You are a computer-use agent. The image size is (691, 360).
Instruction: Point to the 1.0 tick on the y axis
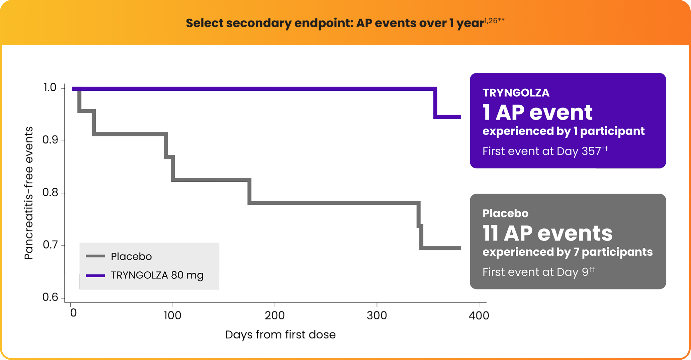pos(50,88)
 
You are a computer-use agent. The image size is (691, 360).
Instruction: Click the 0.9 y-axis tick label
pos(50,140)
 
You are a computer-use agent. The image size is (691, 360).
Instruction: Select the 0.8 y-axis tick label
pos(50,193)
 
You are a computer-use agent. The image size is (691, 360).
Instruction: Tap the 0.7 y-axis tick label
pos(50,245)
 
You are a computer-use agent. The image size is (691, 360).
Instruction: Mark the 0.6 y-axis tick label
pos(50,297)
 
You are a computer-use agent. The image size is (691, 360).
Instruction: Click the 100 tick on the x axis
pos(173,315)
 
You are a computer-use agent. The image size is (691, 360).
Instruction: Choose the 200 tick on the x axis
pos(275,315)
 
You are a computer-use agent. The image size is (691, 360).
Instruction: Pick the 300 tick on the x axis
pos(377,315)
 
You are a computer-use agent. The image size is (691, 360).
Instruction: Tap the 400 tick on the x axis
pos(478,315)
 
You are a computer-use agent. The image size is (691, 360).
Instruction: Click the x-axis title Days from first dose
pos(280,334)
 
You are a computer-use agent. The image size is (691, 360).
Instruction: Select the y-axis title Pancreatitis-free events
pos(29,193)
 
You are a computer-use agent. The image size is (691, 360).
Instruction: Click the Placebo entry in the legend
pos(131,256)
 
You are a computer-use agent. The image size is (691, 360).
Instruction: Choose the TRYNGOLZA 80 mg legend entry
pos(157,275)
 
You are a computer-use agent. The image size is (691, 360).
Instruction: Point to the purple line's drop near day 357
pos(435,103)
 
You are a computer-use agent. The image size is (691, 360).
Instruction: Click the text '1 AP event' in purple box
pos(537,112)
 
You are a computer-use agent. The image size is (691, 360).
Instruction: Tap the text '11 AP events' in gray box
pos(547,233)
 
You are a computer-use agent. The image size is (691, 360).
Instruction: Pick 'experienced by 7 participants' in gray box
pos(567,252)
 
